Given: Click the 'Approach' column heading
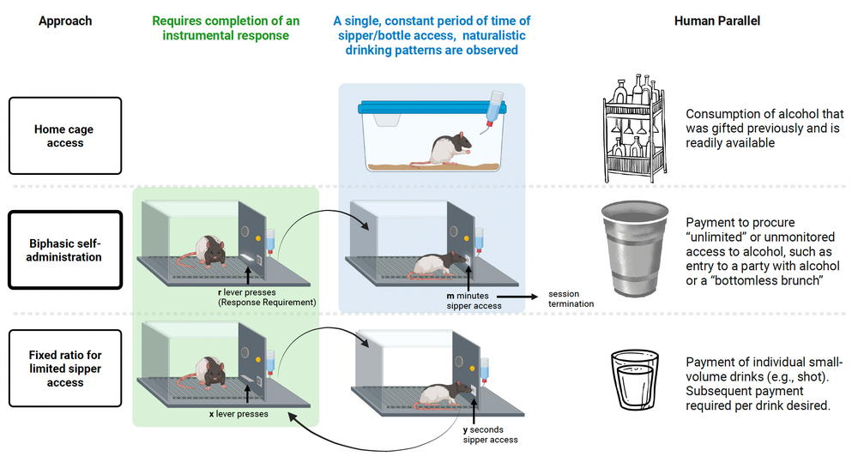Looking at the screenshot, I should pos(64,21).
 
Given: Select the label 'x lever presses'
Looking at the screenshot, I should pos(238,413).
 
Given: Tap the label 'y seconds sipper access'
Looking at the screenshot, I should pos(490,434).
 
